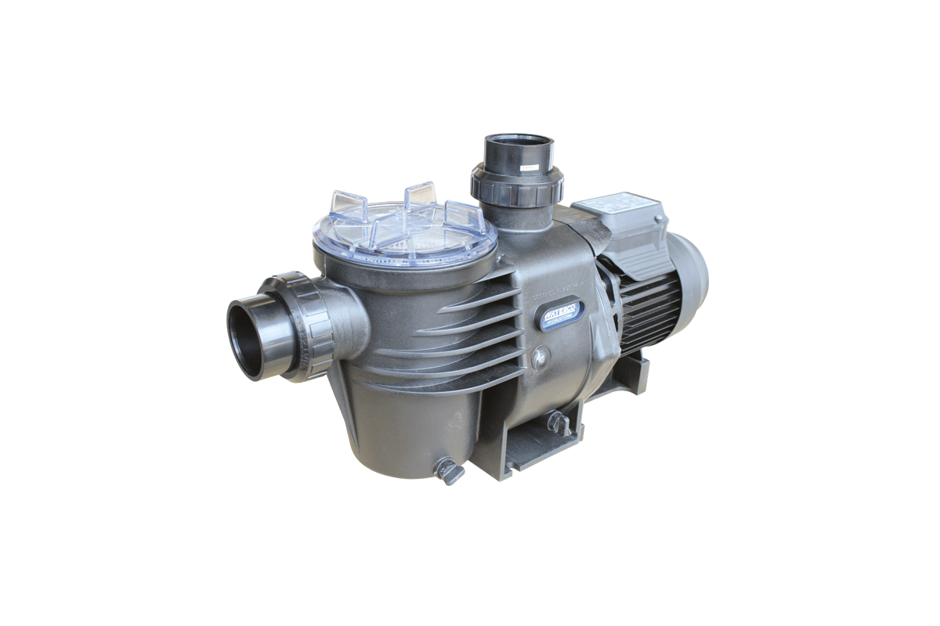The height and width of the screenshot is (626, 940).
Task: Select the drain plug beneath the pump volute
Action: pos(558,423)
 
